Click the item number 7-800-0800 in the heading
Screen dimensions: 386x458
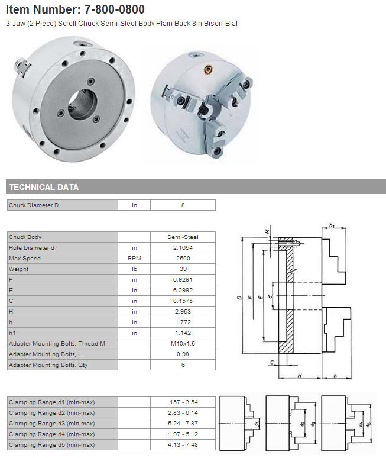115,9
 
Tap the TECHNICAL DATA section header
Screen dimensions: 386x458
44,187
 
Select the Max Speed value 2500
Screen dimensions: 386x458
183,258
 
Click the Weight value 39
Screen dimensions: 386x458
183,269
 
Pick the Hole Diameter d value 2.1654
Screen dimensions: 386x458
183,248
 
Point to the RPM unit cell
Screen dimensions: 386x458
134,258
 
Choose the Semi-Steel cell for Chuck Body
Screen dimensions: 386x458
183,237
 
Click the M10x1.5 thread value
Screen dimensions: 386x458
183,343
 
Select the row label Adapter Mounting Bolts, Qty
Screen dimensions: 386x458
48,365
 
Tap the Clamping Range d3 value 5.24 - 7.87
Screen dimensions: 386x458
183,424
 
